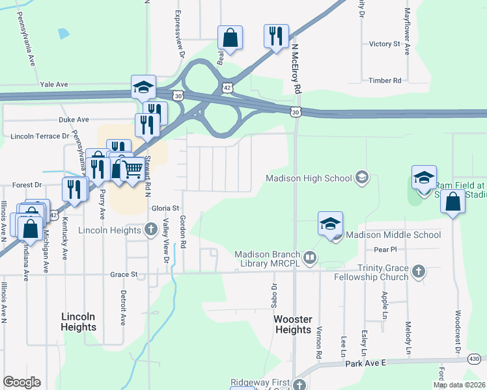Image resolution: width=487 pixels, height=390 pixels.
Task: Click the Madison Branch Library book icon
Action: [x=310, y=258]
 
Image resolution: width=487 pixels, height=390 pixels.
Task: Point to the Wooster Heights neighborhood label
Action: [x=293, y=324]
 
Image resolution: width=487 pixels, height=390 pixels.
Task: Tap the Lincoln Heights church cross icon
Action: [x=151, y=229]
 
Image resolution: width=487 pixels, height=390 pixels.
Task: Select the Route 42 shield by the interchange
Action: [x=226, y=86]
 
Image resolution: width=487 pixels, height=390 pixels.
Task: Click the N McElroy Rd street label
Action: [x=296, y=68]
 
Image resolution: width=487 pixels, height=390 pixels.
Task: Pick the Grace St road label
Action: [x=124, y=275]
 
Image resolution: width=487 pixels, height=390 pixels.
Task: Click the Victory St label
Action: [x=384, y=44]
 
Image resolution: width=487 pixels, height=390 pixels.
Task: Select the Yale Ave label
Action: [x=53, y=84]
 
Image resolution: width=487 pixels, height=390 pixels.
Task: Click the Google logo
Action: [x=21, y=382]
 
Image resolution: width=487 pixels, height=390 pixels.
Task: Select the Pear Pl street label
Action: [x=386, y=250]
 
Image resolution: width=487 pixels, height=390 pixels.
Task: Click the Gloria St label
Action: [x=165, y=208]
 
